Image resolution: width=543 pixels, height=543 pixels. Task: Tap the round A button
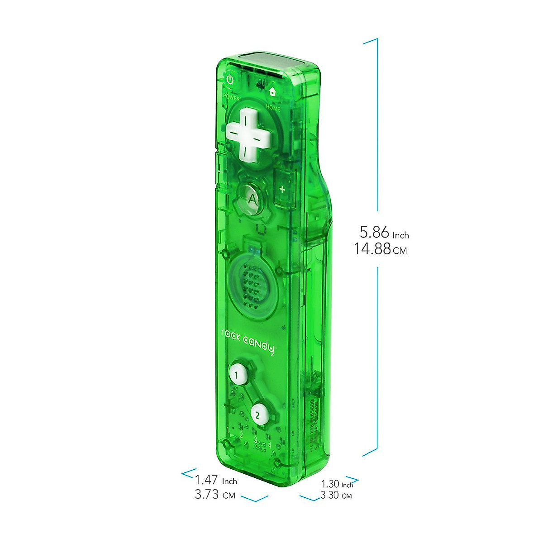252,199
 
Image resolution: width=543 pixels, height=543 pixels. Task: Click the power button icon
230,80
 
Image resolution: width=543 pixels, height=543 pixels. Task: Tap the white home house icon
272,91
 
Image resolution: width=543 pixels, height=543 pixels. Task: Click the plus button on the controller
282,189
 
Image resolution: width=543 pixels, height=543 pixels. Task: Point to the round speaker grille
252,284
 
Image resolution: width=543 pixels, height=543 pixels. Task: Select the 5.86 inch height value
375,233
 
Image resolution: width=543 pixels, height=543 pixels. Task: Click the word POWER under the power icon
231,97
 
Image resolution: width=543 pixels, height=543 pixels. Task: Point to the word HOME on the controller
273,108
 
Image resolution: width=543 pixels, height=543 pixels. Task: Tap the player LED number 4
270,445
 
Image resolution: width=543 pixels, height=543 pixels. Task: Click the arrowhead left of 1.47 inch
186,473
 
